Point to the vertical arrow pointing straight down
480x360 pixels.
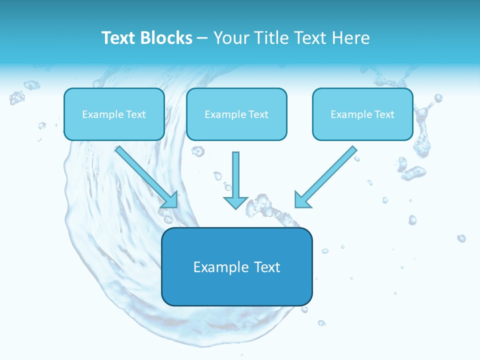(235, 175)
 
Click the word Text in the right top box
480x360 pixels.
(384, 114)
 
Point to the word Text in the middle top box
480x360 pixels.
(258, 114)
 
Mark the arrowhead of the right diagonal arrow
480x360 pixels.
(302, 200)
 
